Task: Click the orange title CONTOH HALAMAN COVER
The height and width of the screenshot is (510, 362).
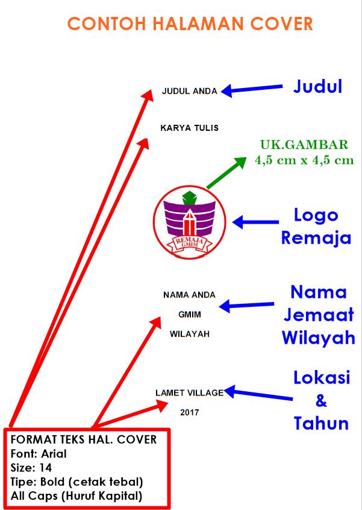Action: click(x=190, y=24)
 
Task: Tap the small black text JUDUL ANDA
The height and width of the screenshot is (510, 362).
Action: click(x=190, y=91)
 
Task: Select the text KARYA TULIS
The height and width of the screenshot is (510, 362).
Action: click(x=190, y=128)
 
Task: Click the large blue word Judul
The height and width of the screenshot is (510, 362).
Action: click(x=318, y=87)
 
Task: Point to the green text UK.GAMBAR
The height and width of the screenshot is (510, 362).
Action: click(x=304, y=145)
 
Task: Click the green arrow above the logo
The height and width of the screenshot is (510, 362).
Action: click(x=227, y=173)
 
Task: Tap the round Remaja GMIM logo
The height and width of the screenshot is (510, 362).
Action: click(x=190, y=222)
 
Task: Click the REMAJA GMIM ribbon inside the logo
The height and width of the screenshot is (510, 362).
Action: click(x=190, y=243)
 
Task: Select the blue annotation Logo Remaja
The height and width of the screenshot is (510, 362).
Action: click(x=316, y=227)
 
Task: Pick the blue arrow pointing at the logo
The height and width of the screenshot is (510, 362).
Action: click(x=256, y=222)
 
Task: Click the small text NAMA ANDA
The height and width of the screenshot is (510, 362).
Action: click(x=190, y=295)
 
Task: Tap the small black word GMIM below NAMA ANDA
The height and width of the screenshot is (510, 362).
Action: click(x=190, y=315)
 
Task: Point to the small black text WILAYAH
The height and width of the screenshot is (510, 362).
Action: click(x=190, y=334)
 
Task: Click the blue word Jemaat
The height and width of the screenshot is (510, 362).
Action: click(x=319, y=315)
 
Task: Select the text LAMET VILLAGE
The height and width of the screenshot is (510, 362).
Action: click(x=190, y=393)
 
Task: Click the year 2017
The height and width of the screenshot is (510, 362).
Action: click(x=190, y=412)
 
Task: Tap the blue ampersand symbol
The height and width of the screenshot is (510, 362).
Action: click(x=321, y=401)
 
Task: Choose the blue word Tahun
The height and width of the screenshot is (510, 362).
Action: click(x=321, y=423)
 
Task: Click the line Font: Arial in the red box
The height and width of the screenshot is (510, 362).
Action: click(x=39, y=454)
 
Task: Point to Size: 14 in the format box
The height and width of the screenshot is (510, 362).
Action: click(x=31, y=468)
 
